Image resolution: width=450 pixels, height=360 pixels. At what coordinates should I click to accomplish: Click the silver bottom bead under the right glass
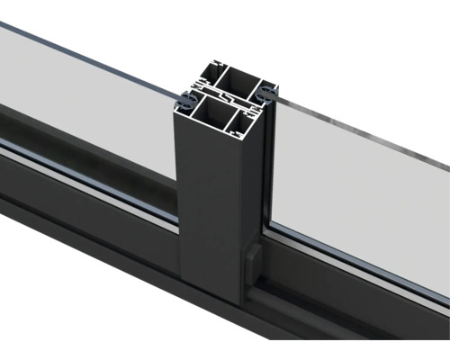click(360, 257)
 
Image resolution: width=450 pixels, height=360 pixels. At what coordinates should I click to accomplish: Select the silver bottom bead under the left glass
click(90, 188)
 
